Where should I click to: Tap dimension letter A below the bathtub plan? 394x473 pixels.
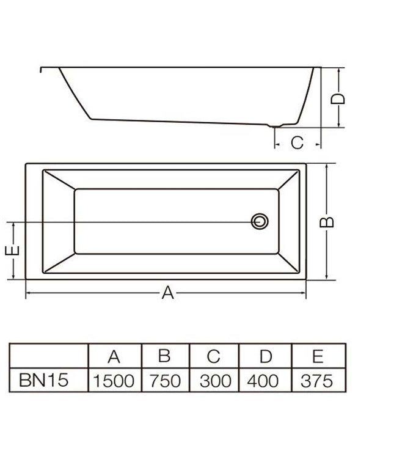(167, 293)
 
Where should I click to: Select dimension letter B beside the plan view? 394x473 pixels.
(327, 222)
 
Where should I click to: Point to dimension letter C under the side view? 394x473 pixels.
(297, 142)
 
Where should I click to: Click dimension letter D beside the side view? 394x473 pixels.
(338, 98)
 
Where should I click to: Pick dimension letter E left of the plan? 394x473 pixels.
(12, 251)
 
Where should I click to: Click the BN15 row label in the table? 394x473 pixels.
(44, 380)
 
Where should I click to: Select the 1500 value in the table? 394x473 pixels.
(114, 381)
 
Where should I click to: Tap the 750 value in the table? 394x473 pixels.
(165, 381)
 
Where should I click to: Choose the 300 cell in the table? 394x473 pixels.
(215, 381)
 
